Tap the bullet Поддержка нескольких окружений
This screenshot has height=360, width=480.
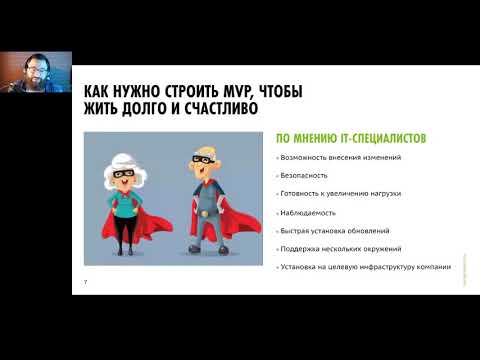click(x=334, y=249)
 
